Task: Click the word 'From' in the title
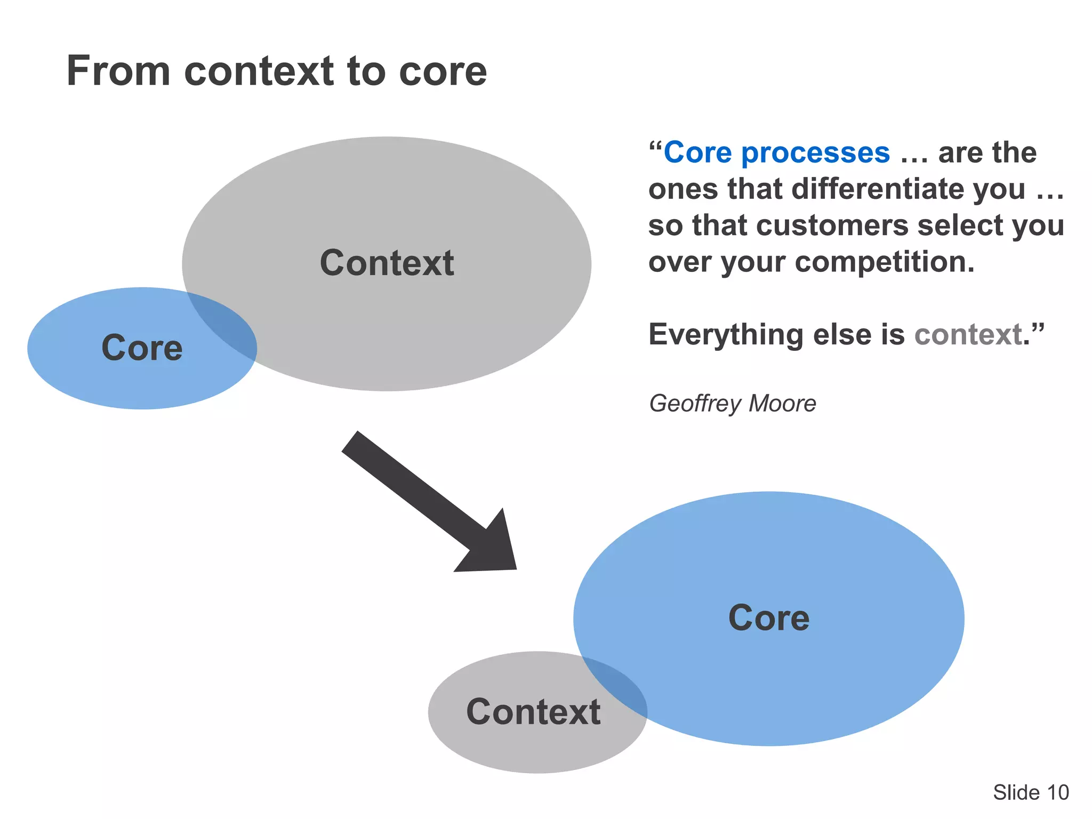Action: [118, 71]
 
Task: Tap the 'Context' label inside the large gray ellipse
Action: [387, 263]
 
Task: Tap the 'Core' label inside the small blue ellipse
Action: [142, 348]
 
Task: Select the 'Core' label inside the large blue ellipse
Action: [769, 618]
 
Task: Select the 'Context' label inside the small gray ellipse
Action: [533, 712]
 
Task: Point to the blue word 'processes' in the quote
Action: [815, 153]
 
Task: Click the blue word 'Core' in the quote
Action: [697, 153]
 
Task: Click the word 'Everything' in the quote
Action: [726, 335]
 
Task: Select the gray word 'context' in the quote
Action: [968, 335]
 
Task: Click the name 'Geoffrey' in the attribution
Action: [695, 404]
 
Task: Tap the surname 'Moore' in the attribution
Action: [782, 404]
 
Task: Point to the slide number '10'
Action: [1058, 792]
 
